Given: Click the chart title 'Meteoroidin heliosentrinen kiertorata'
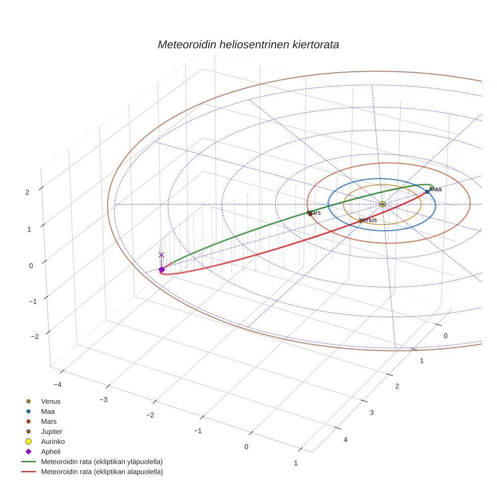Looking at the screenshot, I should click(248, 44).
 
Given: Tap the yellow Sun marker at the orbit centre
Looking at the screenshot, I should click(382, 204).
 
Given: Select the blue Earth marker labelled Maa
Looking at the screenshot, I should click(427, 192).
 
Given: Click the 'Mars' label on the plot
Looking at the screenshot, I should click(314, 213).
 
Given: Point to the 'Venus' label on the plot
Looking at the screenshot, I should click(368, 220).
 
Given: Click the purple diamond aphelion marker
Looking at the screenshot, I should click(162, 270).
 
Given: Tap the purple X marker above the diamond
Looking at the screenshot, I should click(162, 255).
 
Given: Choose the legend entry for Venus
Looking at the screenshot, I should click(51, 401).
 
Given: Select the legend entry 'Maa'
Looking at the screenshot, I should click(47, 411).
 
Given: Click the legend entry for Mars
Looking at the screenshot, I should click(48, 421).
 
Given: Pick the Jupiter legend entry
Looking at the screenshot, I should click(52, 431).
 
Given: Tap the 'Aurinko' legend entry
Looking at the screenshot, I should click(53, 441).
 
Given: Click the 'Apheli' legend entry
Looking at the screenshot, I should click(51, 452).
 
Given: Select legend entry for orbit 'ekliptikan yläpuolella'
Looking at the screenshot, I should click(102, 462).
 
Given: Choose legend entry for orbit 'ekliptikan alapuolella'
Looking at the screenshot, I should click(102, 472).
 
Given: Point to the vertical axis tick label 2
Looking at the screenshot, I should click(27, 192).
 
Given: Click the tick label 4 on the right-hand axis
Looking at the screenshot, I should click(345, 440).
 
